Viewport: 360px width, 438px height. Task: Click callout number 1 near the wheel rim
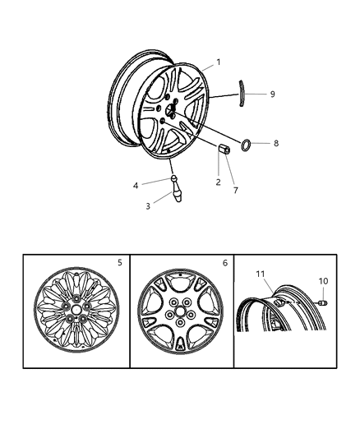[x=218, y=62]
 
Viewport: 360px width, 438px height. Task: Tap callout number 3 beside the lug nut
[x=148, y=206]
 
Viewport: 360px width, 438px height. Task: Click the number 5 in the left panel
[x=119, y=264]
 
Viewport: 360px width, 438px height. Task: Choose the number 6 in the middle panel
[x=224, y=264]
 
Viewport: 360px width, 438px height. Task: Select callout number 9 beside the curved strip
[x=272, y=94]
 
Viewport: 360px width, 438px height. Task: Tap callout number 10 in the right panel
[x=323, y=281]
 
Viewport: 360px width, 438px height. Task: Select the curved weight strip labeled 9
[x=243, y=93]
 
